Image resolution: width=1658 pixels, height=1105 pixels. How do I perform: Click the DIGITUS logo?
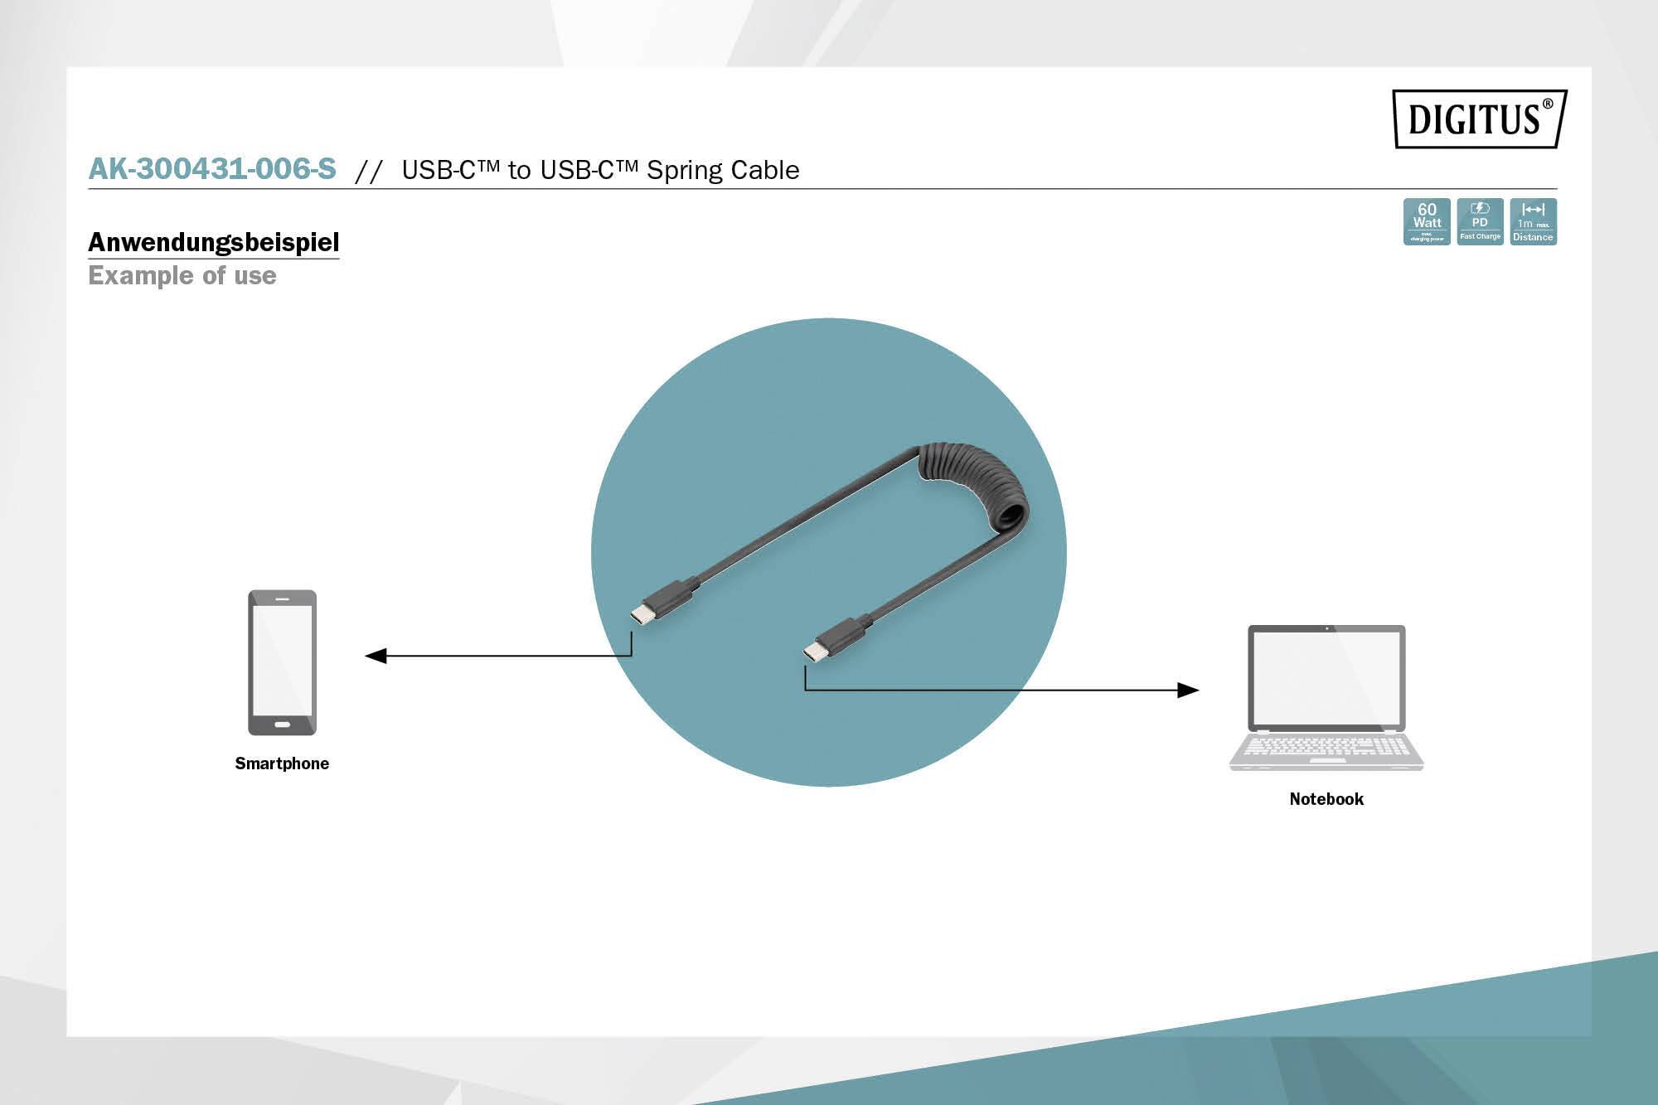pos(1479,119)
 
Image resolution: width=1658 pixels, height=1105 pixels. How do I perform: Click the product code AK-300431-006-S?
pos(212,168)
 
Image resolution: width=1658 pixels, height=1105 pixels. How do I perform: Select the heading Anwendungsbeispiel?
pos(214,242)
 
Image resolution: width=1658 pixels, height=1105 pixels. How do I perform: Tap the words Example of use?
pos(182,275)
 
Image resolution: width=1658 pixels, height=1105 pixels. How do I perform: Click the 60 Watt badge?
pos(1427,221)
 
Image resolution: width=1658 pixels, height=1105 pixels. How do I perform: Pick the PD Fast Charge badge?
pos(1480,221)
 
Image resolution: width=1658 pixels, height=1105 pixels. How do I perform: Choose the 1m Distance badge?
pos(1533,221)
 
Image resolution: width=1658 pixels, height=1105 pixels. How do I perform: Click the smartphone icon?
pos(282,662)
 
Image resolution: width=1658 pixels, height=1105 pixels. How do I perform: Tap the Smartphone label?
pos(282,763)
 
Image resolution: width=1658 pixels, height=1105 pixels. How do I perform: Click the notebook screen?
pos(1326,679)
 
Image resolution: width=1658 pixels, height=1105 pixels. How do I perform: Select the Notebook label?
pos(1326,799)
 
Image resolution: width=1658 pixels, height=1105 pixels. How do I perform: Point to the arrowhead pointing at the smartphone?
pos(376,656)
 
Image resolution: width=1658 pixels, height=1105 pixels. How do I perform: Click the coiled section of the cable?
pos(978,489)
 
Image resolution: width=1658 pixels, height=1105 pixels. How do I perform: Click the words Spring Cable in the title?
pos(723,170)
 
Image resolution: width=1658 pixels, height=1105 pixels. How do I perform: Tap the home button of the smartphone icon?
pos(282,725)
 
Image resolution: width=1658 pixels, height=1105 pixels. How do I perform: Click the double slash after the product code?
pos(368,171)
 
